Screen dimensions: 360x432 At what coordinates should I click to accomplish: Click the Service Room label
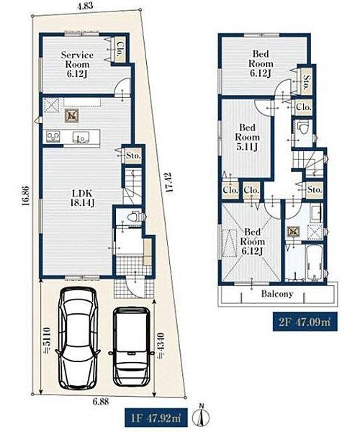pos(77,64)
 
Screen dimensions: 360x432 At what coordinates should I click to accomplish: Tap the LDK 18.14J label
pos(82,198)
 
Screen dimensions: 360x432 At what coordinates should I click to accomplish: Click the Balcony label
pos(276,294)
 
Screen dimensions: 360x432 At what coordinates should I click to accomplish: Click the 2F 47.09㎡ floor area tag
pos(305,322)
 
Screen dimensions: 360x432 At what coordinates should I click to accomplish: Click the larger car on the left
pos(78,338)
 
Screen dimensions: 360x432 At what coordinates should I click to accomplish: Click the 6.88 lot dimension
pos(101,402)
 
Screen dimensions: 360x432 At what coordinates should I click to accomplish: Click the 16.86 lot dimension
pos(25,196)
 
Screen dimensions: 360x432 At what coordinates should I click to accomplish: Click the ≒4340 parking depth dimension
pos(161,346)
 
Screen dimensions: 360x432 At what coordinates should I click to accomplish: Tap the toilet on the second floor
pos(304,127)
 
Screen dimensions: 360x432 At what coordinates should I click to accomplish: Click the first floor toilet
pos(133,216)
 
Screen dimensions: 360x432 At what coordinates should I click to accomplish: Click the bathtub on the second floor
pos(314,261)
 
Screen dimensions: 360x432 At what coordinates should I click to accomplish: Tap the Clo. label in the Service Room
pos(120,49)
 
